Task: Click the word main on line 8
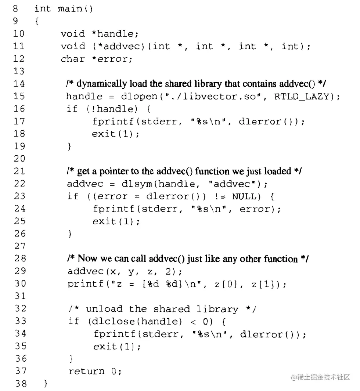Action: point(70,9)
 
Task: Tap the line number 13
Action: point(19,71)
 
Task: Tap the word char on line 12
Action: point(73,59)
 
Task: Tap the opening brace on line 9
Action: point(37,21)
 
